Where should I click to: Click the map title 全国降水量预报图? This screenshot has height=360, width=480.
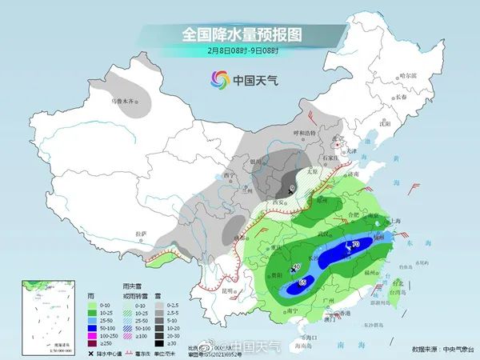(239, 34)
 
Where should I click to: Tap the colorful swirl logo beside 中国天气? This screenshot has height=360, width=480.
(219, 79)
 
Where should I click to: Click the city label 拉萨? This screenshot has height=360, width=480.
(141, 234)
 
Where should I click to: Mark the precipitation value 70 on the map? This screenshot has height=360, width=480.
(355, 244)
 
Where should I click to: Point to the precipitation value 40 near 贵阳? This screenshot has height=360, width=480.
(295, 266)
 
